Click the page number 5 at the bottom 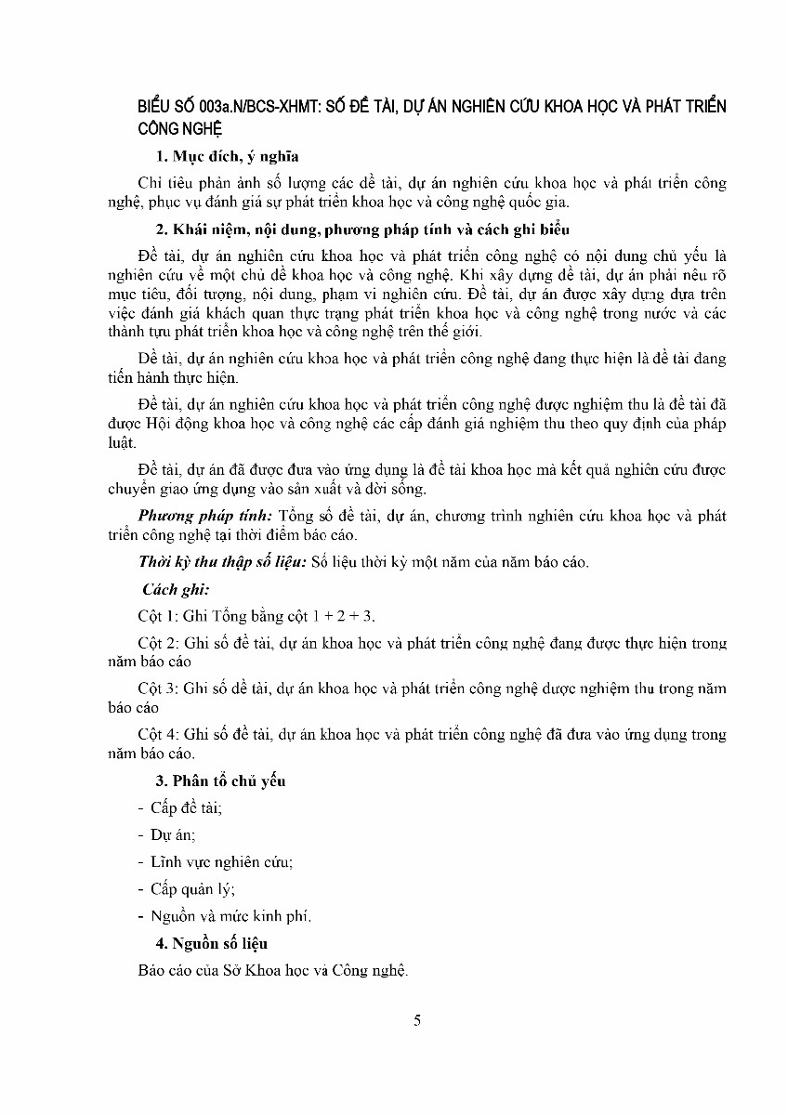click(418, 1020)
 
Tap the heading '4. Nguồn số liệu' click(212, 943)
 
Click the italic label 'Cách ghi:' click(176, 589)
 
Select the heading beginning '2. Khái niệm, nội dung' click(362, 230)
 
